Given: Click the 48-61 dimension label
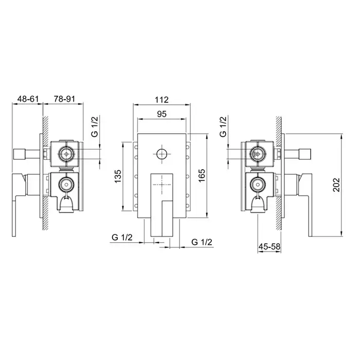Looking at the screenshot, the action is (x=28, y=99).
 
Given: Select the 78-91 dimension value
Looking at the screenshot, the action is (x=64, y=99).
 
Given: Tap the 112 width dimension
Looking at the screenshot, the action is (x=161, y=100).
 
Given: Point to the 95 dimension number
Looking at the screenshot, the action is (x=161, y=114).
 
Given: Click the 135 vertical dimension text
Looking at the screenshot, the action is (x=118, y=176).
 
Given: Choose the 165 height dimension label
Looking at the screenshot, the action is (x=202, y=176).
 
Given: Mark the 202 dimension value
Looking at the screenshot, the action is (x=336, y=185).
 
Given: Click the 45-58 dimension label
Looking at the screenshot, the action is (x=269, y=246).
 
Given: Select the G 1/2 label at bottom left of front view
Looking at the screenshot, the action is (x=122, y=237).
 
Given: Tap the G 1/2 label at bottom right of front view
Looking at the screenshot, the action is (x=202, y=242).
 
